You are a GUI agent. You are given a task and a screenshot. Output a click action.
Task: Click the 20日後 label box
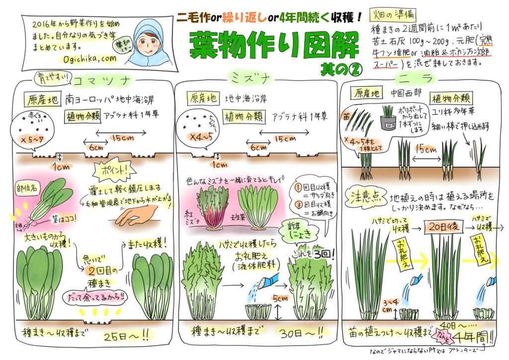(441, 227)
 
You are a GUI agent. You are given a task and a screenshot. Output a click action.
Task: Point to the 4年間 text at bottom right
(472, 337)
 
